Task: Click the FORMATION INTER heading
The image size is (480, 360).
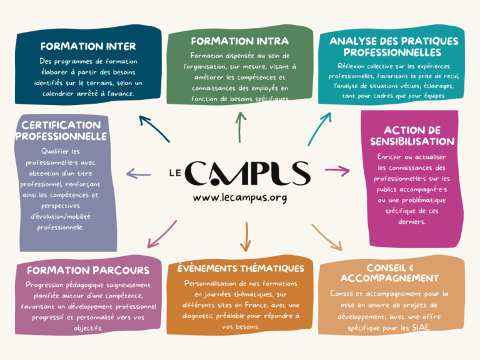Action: (80, 46)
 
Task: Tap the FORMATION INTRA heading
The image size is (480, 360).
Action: (239, 41)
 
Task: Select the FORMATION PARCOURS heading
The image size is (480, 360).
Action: (88, 271)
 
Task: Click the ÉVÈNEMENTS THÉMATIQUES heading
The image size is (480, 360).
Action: (241, 268)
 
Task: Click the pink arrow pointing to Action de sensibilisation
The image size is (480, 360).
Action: (337, 170)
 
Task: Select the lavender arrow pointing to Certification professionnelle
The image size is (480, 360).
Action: (138, 174)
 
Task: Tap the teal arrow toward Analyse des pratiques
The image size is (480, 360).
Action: (319, 128)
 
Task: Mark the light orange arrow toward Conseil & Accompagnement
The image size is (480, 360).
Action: (326, 237)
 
